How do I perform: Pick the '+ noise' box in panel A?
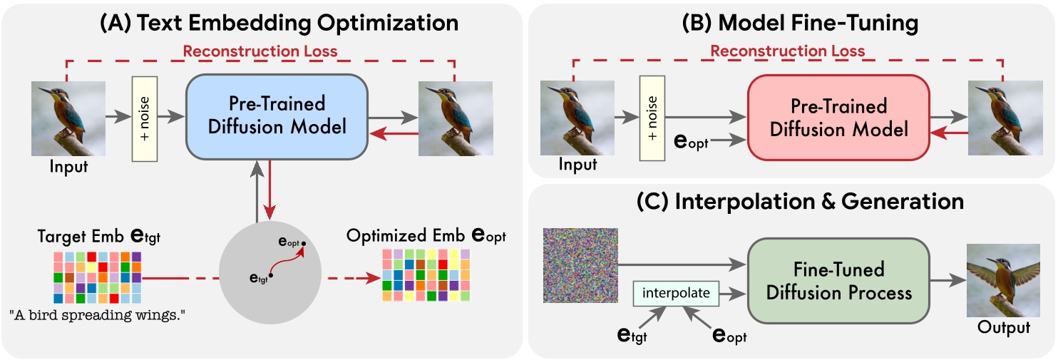pos(145,118)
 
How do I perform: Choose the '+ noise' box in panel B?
pos(654,118)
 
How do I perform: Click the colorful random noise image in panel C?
pos(580,265)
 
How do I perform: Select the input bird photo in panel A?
pos(68,118)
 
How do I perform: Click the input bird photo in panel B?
pos(577,118)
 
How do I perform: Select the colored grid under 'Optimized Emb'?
pos(426,275)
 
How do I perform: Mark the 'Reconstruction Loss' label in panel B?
pos(787,51)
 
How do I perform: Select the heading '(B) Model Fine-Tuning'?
pos(791,23)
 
